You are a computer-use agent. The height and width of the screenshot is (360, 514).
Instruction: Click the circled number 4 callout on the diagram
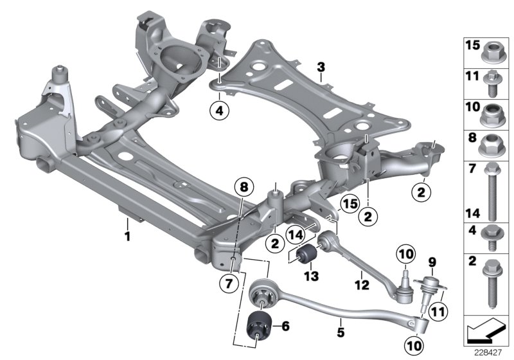pyautogui.click(x=219, y=111)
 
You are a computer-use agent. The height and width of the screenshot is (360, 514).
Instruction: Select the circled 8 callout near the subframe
pyautogui.click(x=244, y=188)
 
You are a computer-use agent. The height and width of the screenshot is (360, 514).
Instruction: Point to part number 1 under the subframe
pyautogui.click(x=127, y=237)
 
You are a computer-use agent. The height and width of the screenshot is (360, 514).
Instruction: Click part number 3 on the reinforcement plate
pyautogui.click(x=321, y=67)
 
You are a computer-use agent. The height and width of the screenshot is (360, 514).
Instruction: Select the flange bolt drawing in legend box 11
pyautogui.click(x=493, y=82)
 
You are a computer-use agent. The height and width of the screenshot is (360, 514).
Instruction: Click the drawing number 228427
pyautogui.click(x=488, y=352)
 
